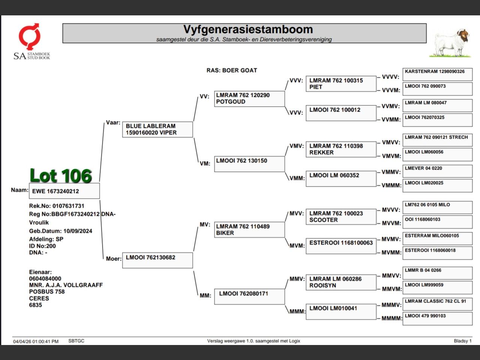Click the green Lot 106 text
(x=61, y=175)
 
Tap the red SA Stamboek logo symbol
(x=30, y=36)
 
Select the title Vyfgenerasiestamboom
(x=248, y=29)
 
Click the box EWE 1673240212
(x=64, y=191)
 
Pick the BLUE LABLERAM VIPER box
(x=157, y=129)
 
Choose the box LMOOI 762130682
(x=157, y=260)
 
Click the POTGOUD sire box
(x=249, y=99)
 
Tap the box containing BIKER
(x=249, y=230)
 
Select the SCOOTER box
(x=341, y=217)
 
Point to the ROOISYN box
(x=341, y=282)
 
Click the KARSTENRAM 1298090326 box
(x=438, y=74)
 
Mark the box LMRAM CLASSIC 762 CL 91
(x=438, y=304)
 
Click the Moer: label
(x=114, y=259)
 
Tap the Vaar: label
(x=113, y=123)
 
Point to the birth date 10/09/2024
(x=78, y=231)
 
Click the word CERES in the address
(x=39, y=298)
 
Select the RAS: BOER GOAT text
(x=232, y=70)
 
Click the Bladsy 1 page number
(x=463, y=341)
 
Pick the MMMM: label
(x=392, y=318)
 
